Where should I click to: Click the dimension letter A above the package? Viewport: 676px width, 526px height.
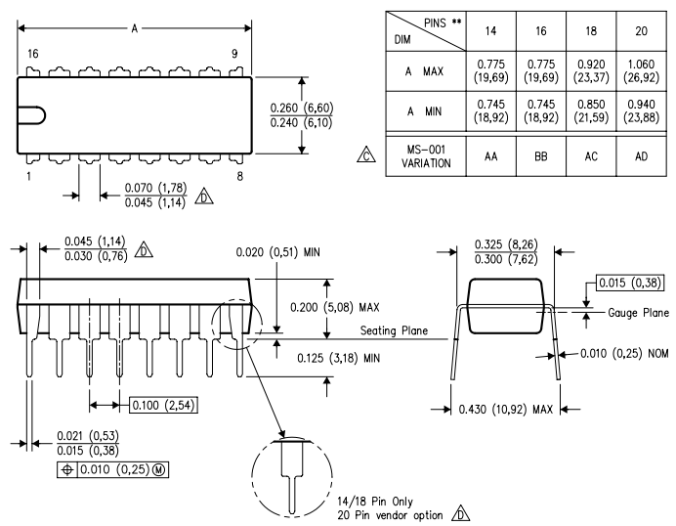tap(135, 28)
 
